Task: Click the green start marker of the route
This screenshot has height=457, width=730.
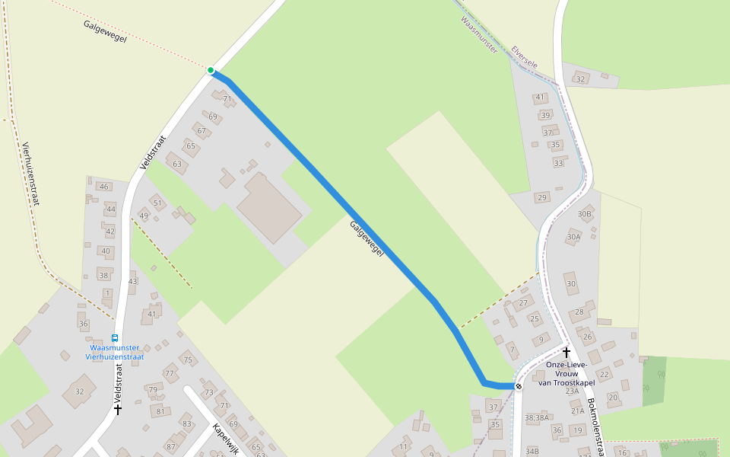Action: [211, 70]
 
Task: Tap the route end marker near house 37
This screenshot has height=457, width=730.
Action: [519, 387]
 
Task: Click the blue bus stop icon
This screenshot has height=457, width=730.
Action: [115, 338]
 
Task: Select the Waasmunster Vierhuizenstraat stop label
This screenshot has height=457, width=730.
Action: [115, 352]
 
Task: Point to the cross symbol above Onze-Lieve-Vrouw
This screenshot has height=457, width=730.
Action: [566, 353]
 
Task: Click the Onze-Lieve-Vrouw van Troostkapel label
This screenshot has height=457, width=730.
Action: [567, 373]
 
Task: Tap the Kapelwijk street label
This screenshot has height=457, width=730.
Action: [227, 439]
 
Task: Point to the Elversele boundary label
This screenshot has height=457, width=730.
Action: [525, 57]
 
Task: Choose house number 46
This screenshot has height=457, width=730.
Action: [103, 187]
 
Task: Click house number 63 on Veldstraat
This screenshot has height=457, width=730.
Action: [177, 164]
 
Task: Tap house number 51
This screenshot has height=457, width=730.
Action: [157, 203]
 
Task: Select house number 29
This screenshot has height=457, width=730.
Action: [542, 198]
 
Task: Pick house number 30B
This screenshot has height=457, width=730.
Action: [584, 214]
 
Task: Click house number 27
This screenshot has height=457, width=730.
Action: [523, 303]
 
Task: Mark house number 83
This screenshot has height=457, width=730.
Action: [187, 423]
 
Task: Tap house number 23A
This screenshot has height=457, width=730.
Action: [573, 391]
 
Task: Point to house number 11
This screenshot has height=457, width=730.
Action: [404, 446]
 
